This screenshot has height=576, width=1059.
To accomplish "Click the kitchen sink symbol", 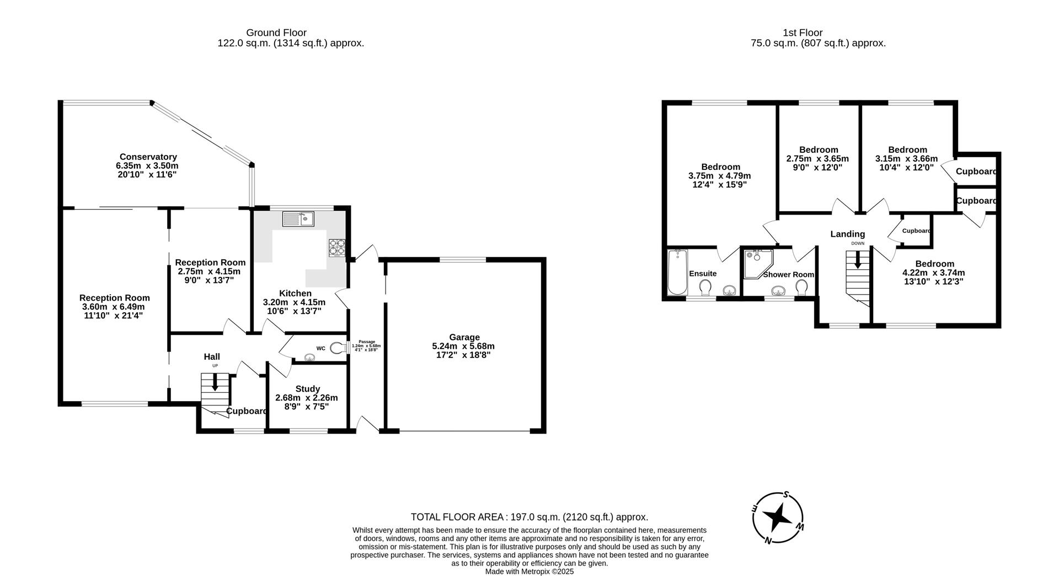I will tap(298, 219).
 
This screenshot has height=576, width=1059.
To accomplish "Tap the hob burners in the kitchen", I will tap(337, 247).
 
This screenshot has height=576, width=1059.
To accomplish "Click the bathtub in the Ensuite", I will tap(677, 273).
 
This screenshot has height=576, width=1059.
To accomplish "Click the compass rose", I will tap(778, 518).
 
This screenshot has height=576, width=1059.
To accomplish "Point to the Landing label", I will tap(848, 234).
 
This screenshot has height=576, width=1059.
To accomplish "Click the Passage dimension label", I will tap(366, 346).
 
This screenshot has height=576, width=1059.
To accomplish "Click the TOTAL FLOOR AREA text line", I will tap(529, 517).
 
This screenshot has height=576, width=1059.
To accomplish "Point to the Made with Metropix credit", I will tap(529, 572).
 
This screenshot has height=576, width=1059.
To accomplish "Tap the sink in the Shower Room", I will tap(779, 290).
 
